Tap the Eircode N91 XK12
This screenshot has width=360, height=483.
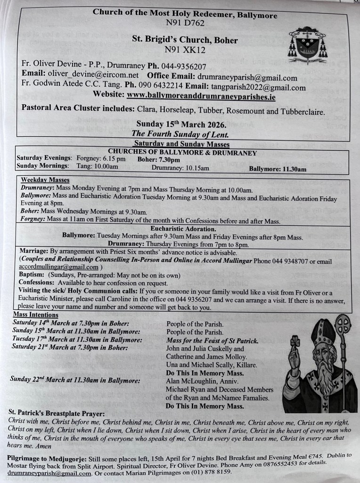[x=185, y=49]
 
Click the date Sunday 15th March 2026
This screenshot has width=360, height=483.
[x=181, y=125]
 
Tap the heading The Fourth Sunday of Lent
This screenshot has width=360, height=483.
[x=181, y=134]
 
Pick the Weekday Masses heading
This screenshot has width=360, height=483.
[x=45, y=180]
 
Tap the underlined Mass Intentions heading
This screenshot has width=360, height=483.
[x=36, y=315]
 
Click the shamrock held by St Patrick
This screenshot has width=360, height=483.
[x=295, y=342]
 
